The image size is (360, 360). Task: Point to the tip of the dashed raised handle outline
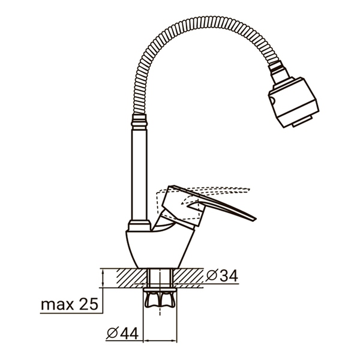tap(247, 190)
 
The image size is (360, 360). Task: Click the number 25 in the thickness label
tap(88, 304)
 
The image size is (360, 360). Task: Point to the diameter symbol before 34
tap(211, 276)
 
